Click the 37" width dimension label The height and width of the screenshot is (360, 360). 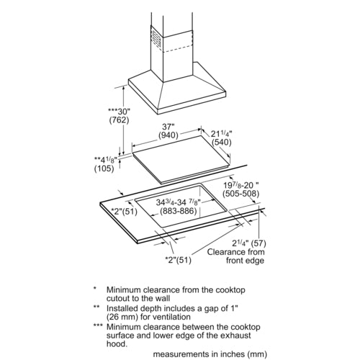click(x=168, y=127)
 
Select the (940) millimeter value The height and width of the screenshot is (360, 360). click(x=168, y=135)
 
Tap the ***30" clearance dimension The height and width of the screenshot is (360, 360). click(x=119, y=112)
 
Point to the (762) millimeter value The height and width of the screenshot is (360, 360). click(x=119, y=120)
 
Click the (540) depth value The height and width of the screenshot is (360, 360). click(x=222, y=143)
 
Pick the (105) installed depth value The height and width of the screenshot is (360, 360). click(x=104, y=168)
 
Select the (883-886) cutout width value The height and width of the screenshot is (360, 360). click(x=179, y=211)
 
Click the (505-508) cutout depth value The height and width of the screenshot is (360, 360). click(x=240, y=194)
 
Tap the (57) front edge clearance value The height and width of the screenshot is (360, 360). click(x=258, y=243)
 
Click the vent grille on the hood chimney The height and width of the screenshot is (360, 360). click(x=156, y=39)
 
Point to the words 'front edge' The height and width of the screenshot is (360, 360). click(x=245, y=261)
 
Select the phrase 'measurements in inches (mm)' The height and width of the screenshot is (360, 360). click(x=210, y=354)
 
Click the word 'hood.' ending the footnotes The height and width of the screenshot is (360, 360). click(x=117, y=344)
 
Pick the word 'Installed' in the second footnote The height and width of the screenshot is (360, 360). click(x=121, y=308)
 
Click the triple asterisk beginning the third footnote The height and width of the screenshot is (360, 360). click(x=98, y=325)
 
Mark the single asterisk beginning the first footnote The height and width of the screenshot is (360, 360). click(x=95, y=288)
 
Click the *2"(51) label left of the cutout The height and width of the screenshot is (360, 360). click(x=124, y=212)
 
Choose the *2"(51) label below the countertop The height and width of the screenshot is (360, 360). click(x=179, y=260)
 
